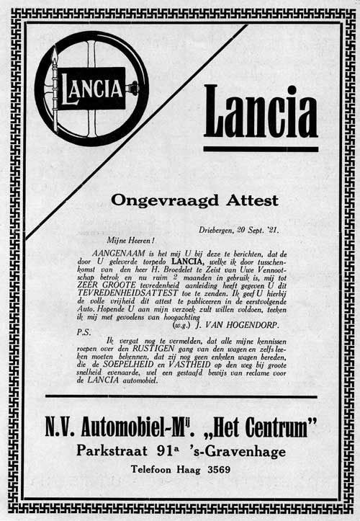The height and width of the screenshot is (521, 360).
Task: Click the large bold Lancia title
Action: [x=261, y=112]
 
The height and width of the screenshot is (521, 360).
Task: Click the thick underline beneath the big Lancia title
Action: [x=261, y=149]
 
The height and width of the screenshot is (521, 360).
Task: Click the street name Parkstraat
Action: [x=112, y=452]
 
